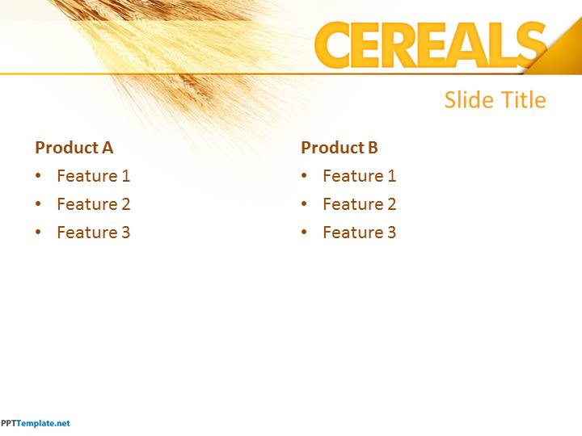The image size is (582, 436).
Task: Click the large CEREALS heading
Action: click(x=431, y=45)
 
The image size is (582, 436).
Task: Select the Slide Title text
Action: click(x=496, y=100)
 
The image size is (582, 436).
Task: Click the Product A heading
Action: click(x=74, y=148)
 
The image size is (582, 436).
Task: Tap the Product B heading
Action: click(x=339, y=148)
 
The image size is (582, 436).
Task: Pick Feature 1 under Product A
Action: click(x=94, y=176)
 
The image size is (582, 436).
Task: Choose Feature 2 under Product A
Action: click(x=94, y=204)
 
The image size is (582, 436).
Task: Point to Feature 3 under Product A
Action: click(x=94, y=233)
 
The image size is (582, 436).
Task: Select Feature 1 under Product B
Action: click(x=359, y=176)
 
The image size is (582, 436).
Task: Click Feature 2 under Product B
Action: click(x=359, y=204)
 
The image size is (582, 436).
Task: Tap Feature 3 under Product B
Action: click(x=359, y=233)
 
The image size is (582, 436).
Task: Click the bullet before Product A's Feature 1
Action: click(x=38, y=175)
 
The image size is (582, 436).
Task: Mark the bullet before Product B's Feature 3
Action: click(x=304, y=232)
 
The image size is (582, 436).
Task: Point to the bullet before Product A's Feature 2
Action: click(x=38, y=203)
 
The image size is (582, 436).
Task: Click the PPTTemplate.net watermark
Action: click(x=36, y=423)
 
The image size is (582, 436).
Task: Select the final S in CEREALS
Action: click(x=532, y=45)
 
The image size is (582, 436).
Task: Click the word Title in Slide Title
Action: click(x=524, y=100)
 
